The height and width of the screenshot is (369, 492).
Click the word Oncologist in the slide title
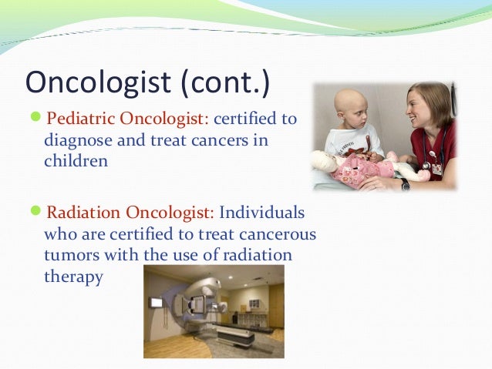pos(98,82)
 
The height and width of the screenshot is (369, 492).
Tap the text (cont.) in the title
pos(225,82)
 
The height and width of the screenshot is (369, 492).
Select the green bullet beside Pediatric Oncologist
pos(35,116)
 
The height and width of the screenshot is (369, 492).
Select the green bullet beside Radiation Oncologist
pos(35,210)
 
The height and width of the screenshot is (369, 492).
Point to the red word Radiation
pos(83,213)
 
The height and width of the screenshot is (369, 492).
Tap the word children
pos(76,161)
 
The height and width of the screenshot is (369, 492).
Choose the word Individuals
pos(262,213)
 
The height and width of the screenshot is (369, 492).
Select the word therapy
pos(73,277)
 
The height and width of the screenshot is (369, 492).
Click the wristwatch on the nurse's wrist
pos(405,184)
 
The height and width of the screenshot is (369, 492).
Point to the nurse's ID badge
pos(436,169)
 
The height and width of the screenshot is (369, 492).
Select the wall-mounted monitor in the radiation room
pos(157,303)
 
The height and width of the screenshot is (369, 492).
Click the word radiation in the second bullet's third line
pos(258,255)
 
